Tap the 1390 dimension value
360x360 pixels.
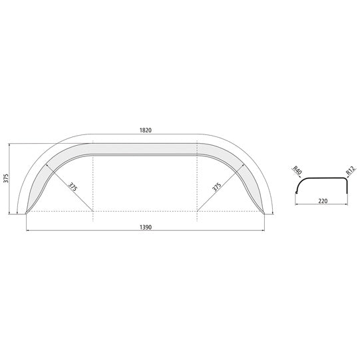[146, 227]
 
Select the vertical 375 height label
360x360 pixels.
[6, 178]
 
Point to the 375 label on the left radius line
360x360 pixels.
[73, 188]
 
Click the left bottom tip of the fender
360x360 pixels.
[27, 213]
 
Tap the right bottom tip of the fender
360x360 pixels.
[266, 213]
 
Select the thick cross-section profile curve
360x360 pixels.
[323, 179]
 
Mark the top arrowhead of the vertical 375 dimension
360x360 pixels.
[13, 144]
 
